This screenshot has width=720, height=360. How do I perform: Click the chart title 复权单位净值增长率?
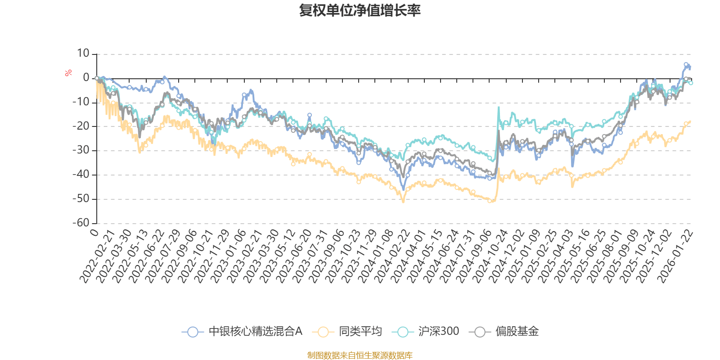pos(360,10)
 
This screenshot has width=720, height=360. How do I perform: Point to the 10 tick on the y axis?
pos(83,54)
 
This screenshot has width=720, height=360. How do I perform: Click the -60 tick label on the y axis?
pos(81,223)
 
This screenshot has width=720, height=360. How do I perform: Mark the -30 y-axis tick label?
pos(81,150)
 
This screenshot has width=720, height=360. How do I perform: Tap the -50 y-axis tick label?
pos(81,198)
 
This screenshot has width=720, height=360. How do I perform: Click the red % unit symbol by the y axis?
pos(68,73)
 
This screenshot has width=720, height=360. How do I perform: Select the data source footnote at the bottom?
pos(360,355)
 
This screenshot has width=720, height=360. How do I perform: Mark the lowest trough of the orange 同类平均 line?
pos(403,202)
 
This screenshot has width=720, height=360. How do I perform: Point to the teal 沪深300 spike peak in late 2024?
pos(499,107)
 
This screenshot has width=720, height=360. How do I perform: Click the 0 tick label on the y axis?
pos(86,78)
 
